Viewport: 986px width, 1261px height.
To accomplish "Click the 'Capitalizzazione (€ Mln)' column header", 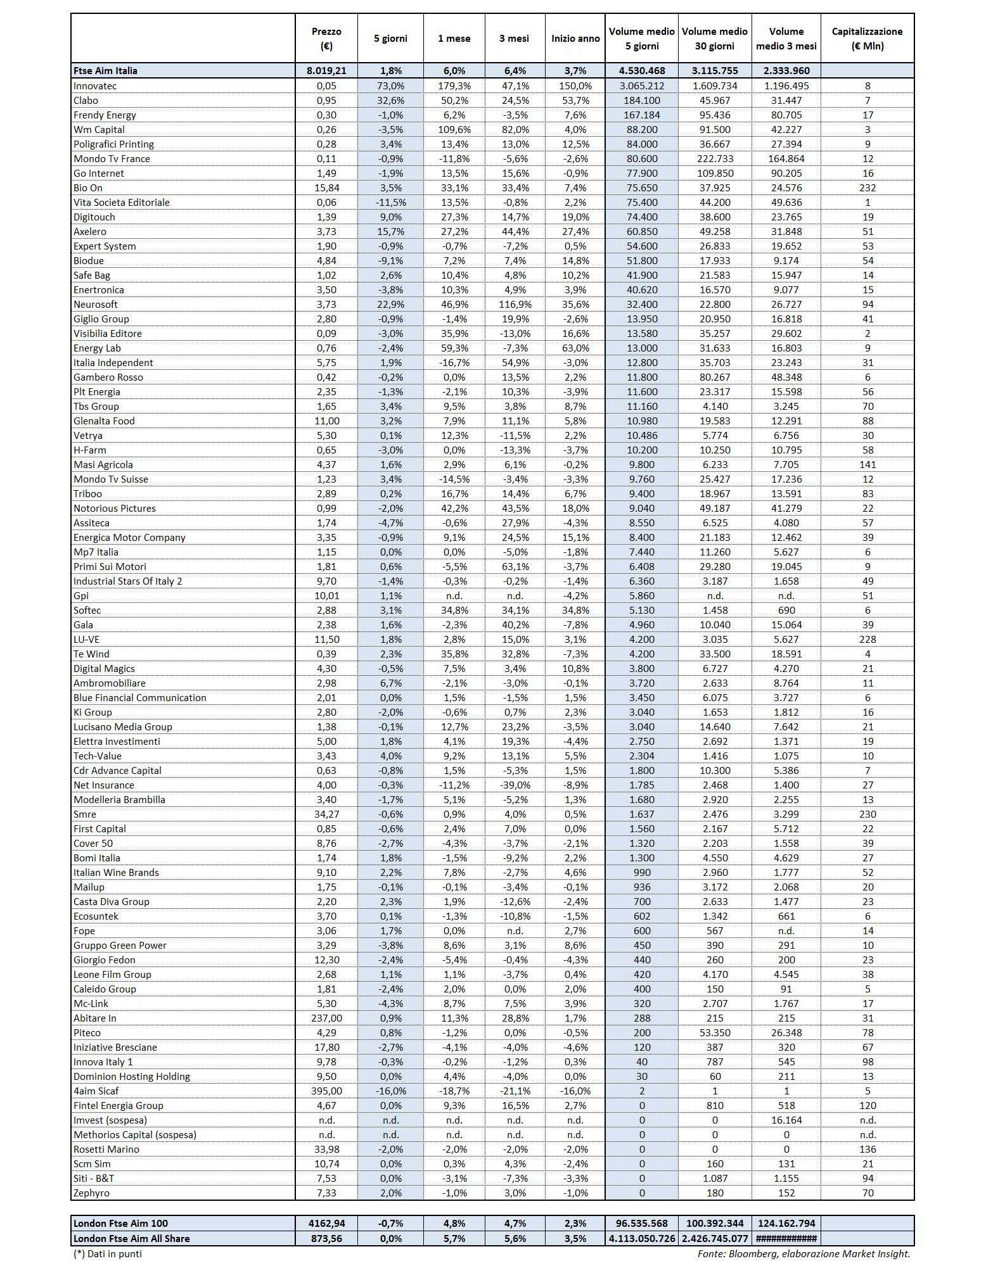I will click(867, 39).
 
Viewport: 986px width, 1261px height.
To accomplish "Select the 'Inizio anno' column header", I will click(575, 39).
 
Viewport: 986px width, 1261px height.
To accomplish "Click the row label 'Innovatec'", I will click(95, 86).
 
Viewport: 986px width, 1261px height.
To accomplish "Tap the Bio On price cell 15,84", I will click(326, 187).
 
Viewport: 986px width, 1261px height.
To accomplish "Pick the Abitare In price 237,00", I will click(326, 1018).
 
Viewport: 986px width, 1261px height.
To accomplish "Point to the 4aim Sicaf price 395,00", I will click(326, 1091).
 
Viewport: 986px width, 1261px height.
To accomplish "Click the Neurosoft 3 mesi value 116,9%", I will click(514, 304).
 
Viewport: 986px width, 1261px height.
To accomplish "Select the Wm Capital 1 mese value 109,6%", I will click(454, 129).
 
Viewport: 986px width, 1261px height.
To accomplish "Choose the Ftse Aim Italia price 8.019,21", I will click(326, 70).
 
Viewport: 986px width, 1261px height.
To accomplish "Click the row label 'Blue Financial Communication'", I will click(140, 697).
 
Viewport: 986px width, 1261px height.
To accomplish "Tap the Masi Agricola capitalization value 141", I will click(867, 464).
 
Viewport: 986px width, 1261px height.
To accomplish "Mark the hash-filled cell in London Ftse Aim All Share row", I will click(786, 1238).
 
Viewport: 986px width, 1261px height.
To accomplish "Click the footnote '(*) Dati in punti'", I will click(108, 1253).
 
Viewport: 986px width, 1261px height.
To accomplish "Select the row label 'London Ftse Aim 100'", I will click(120, 1223).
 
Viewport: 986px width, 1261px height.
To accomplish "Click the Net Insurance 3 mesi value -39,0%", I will click(514, 785).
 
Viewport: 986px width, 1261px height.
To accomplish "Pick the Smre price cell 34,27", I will click(326, 814).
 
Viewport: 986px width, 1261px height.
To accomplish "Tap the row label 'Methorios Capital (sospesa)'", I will click(135, 1134).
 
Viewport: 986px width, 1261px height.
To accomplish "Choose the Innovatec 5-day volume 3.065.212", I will click(642, 86).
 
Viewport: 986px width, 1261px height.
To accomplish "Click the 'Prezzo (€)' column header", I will click(326, 39).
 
